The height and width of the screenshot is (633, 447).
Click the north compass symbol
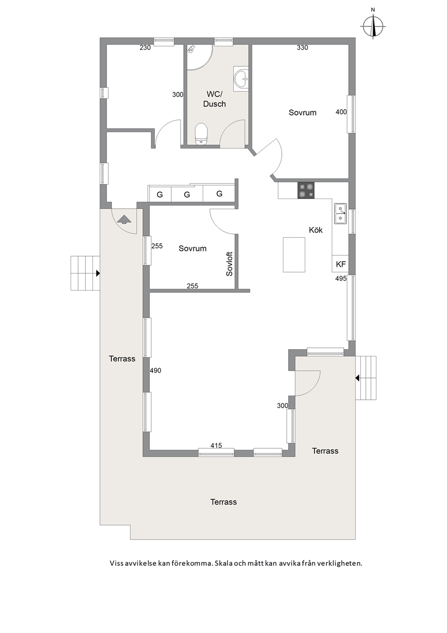(373, 26)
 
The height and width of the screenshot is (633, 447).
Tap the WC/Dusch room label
(214, 99)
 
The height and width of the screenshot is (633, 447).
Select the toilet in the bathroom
(201, 134)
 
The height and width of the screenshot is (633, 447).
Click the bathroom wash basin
(241, 79)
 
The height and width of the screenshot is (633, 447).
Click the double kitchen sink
(341, 214)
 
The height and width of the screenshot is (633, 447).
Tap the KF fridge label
(341, 264)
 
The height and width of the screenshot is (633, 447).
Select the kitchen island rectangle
(294, 254)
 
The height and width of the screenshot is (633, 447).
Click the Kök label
(316, 230)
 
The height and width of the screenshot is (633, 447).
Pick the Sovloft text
(229, 264)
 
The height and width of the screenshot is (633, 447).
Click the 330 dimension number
(302, 48)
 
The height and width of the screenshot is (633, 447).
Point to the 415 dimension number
(216, 445)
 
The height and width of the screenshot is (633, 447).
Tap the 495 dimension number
(341, 279)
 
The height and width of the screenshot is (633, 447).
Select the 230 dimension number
(145, 48)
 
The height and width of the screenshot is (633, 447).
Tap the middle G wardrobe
(187, 194)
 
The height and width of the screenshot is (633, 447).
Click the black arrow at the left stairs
(98, 273)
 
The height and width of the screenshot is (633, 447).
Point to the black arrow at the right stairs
(357, 378)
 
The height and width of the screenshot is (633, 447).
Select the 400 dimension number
(341, 112)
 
